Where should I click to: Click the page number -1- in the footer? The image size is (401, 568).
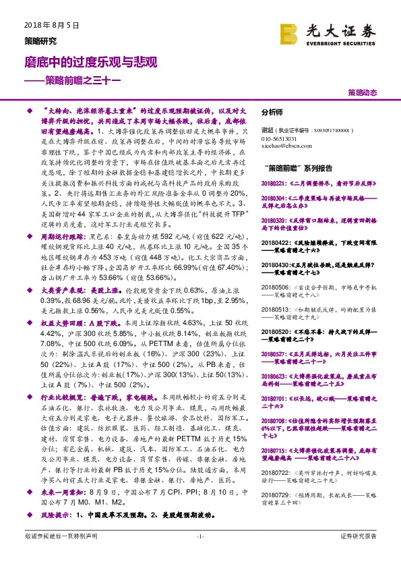(200, 555)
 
